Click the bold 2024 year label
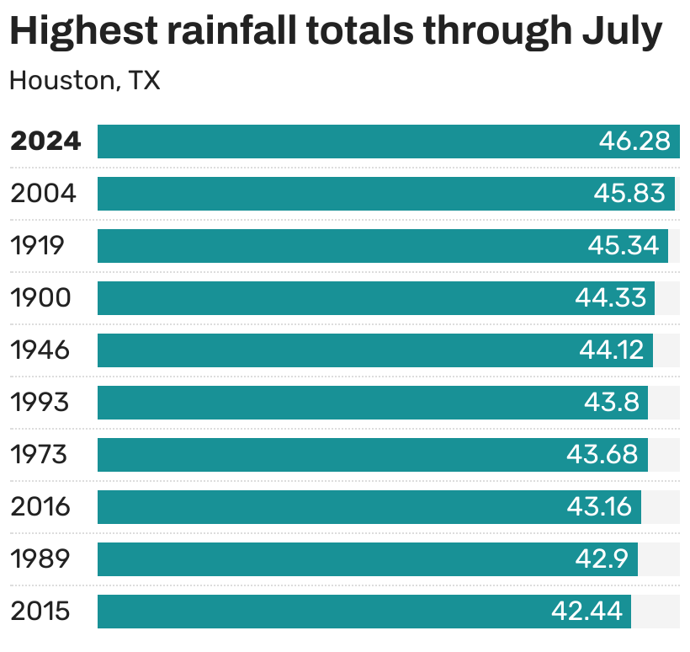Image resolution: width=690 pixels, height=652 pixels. pyautogui.click(x=45, y=142)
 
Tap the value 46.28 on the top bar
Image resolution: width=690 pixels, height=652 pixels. pyautogui.click(x=634, y=142)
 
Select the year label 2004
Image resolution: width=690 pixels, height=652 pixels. pyautogui.click(x=43, y=194)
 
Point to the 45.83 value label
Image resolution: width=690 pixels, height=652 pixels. pyautogui.click(x=629, y=194)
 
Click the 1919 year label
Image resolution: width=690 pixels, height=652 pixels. pyautogui.click(x=37, y=246)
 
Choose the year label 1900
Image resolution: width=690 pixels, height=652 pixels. pyautogui.click(x=40, y=298)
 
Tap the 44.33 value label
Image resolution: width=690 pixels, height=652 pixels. pyautogui.click(x=611, y=298)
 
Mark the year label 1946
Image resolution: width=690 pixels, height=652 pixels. pyautogui.click(x=40, y=350)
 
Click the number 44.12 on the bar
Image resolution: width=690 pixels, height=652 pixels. pyautogui.click(x=611, y=350)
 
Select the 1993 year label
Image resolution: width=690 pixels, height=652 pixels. pyautogui.click(x=40, y=403)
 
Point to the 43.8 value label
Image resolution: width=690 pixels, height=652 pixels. pyautogui.click(x=612, y=403)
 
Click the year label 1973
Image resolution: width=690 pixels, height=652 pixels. pyautogui.click(x=39, y=455)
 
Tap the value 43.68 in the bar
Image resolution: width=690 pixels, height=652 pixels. pyautogui.click(x=602, y=455)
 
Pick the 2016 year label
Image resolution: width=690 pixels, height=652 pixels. pyautogui.click(x=40, y=507)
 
